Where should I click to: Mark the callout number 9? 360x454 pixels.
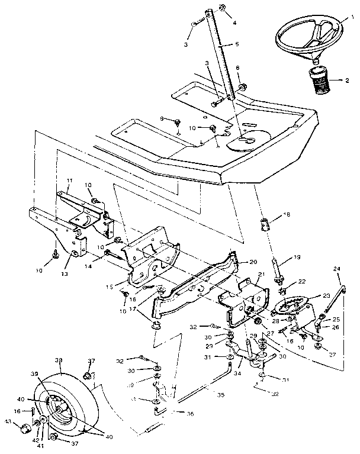pos(160,118)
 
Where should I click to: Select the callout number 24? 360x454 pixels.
pos(338,270)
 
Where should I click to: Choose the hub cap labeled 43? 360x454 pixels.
pos(27,427)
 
